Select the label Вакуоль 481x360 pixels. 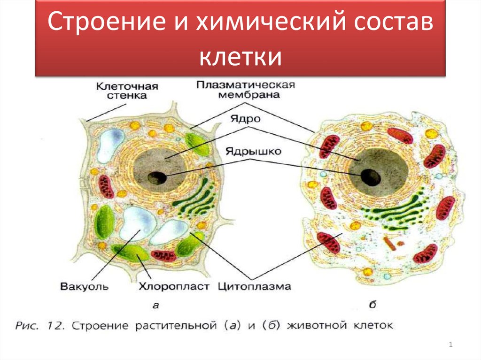point(85,286)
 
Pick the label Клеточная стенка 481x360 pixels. point(127,91)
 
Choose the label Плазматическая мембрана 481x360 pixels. point(245,89)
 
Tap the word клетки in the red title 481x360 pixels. point(240,58)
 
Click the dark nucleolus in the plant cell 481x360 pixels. point(156,178)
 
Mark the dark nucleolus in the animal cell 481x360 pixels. point(371,176)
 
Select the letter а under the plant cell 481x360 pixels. point(156,306)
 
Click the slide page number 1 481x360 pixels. point(450,345)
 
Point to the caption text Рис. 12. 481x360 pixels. point(40,325)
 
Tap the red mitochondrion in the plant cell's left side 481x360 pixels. point(107,186)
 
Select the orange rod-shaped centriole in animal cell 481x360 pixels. point(389,243)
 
